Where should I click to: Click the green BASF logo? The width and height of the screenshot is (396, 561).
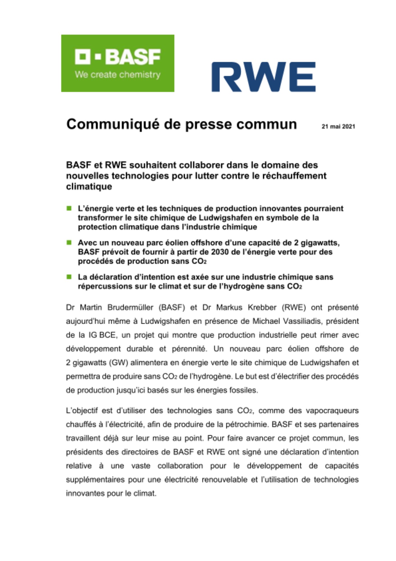click(118, 63)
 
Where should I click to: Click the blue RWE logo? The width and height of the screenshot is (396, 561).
click(263, 77)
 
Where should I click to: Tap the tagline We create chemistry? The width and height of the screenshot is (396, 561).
click(118, 75)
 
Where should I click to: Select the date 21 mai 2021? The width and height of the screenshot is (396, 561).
click(338, 127)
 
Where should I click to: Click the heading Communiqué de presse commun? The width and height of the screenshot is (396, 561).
click(181, 124)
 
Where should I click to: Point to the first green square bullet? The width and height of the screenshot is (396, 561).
click(69, 208)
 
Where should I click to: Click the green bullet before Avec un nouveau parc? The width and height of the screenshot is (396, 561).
click(69, 242)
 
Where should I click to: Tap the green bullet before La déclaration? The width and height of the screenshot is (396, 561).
click(69, 277)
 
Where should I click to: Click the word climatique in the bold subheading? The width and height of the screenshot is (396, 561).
click(89, 187)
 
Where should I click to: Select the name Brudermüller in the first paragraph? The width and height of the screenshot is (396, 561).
click(130, 308)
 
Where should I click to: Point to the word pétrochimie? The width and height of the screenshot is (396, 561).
click(244, 424)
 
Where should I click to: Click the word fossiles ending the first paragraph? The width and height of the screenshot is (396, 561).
click(244, 390)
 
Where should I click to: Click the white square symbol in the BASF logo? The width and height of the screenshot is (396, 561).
click(83, 56)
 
